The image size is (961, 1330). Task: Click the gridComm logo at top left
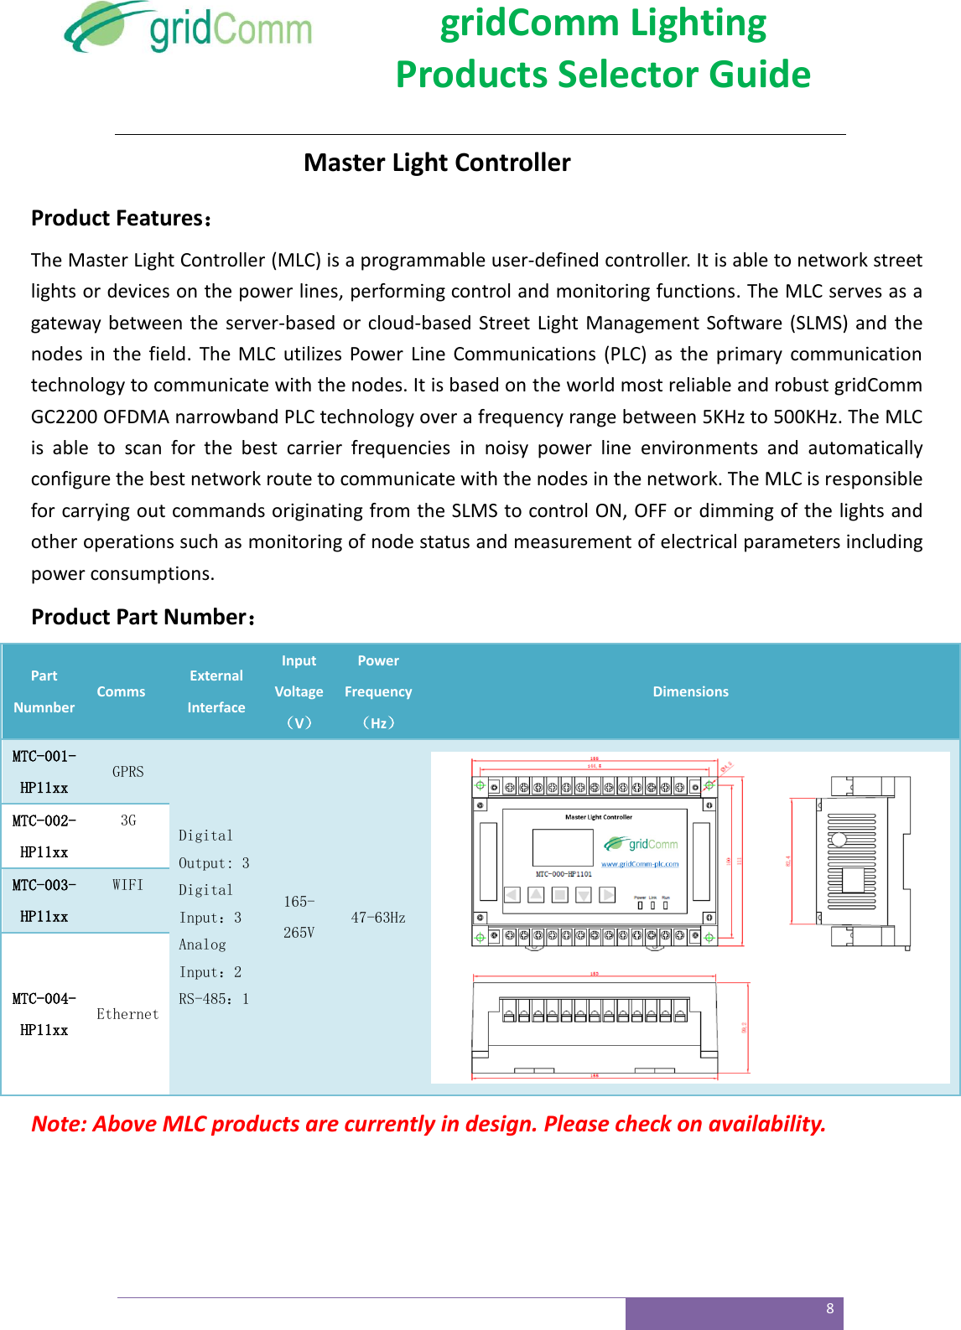tap(189, 28)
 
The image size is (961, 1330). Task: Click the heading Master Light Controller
tap(437, 163)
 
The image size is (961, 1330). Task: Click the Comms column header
tap(121, 691)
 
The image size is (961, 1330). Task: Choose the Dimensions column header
tap(690, 691)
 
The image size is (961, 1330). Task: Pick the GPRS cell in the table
tap(128, 772)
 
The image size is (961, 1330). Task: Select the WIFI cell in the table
tap(128, 885)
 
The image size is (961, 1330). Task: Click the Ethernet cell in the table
tap(127, 1014)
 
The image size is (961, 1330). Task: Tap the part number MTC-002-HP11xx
tap(44, 836)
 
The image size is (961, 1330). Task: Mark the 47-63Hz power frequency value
tap(378, 918)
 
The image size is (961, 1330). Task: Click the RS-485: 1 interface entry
tap(214, 999)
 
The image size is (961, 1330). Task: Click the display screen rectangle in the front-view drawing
tap(563, 847)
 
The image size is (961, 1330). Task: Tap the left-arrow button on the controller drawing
tap(512, 895)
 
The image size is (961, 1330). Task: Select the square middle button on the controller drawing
tap(559, 895)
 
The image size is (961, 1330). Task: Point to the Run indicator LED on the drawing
tap(666, 905)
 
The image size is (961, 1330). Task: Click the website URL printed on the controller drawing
tap(640, 864)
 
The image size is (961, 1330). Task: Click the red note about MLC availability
tap(429, 1124)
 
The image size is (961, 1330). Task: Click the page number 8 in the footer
tap(830, 1308)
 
